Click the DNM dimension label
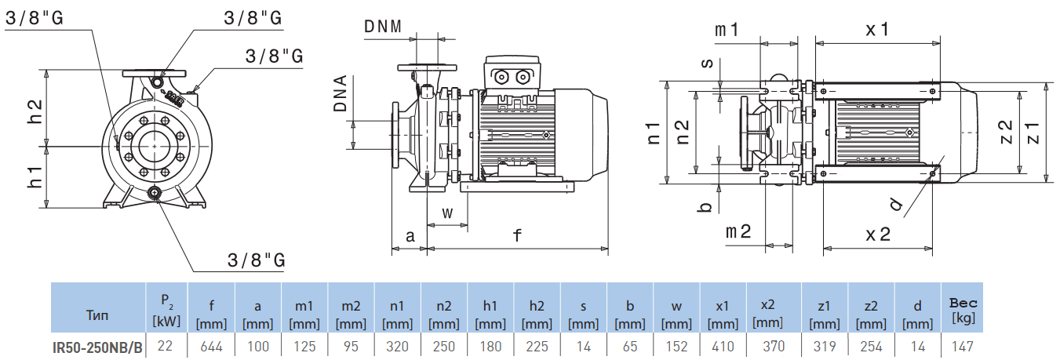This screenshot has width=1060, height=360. [383, 26]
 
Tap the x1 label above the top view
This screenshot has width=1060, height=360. [877, 29]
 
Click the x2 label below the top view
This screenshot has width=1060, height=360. [877, 234]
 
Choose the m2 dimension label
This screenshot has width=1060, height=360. [738, 231]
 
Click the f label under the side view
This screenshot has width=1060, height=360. [517, 235]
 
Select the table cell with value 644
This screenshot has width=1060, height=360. [212, 346]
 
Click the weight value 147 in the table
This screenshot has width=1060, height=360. [963, 346]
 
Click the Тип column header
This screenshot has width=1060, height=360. [98, 315]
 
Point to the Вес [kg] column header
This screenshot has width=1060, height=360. [963, 309]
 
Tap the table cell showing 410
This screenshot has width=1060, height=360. [723, 346]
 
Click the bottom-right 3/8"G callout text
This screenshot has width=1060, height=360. [255, 260]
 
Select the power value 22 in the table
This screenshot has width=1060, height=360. [166, 346]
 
